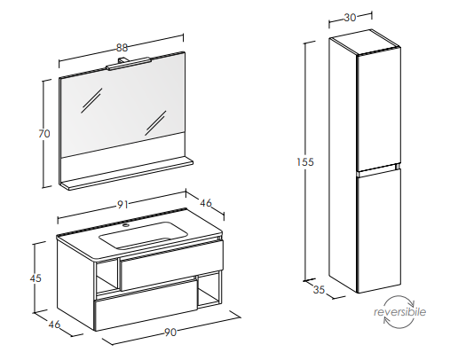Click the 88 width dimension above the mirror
pyautogui.click(x=122, y=48)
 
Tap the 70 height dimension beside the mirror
pyautogui.click(x=44, y=134)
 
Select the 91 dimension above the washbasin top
pyautogui.click(x=122, y=205)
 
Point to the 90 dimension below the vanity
pyautogui.click(x=170, y=333)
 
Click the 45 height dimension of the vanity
pyautogui.click(x=36, y=278)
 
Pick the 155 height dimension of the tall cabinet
pyautogui.click(x=305, y=162)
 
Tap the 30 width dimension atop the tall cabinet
pyautogui.click(x=350, y=18)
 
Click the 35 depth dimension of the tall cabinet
pyautogui.click(x=319, y=290)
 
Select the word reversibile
pyautogui.click(x=399, y=312)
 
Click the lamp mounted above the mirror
pyautogui.click(x=129, y=63)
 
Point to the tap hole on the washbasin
pyautogui.click(x=126, y=226)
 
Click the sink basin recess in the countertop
pyautogui.click(x=144, y=235)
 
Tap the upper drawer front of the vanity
pyautogui.click(x=171, y=264)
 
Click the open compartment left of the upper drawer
pyautogui.click(x=107, y=276)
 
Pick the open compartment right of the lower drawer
pyautogui.click(x=209, y=290)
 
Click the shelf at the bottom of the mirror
pyautogui.click(x=126, y=175)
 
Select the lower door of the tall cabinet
pyautogui.click(x=379, y=231)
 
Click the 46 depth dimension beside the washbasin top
pyautogui.click(x=206, y=203)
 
